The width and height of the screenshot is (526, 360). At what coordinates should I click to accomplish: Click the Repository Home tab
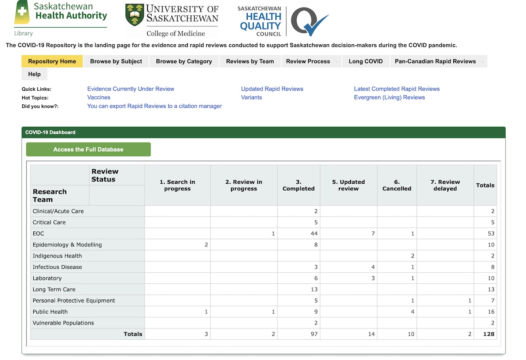52,61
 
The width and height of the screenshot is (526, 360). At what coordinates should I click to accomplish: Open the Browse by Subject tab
116,61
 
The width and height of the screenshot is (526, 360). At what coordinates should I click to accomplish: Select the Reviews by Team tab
250,61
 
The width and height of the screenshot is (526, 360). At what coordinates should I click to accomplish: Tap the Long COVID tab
366,61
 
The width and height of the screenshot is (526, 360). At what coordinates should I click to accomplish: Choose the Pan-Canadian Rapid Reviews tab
435,61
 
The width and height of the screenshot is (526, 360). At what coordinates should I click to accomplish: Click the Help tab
34,74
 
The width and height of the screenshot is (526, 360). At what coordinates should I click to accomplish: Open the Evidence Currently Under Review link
131,89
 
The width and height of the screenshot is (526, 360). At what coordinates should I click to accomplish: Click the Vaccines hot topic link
99,97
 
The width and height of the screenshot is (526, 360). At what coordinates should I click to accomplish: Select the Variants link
252,97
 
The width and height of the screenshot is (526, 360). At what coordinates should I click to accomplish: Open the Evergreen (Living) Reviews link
389,97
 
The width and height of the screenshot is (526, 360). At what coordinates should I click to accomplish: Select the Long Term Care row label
54,289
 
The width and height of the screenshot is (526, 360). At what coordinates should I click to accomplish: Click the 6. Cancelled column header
397,185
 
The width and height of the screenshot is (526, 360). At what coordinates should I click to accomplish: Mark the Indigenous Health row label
57,256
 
